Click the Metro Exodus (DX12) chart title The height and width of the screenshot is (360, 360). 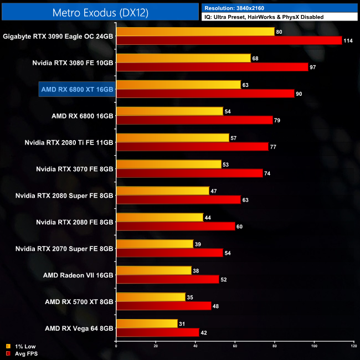pyautogui.click(x=100, y=12)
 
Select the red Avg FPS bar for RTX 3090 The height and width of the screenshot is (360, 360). pyautogui.click(x=229, y=40)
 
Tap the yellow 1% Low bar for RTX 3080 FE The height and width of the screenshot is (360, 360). pyautogui.click(x=183, y=58)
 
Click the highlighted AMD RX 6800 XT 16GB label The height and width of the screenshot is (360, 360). pyautogui.click(x=77, y=89)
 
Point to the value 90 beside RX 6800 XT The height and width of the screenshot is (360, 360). pyautogui.click(x=299, y=94)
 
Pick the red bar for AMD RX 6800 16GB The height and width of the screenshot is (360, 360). pyautogui.click(x=194, y=120)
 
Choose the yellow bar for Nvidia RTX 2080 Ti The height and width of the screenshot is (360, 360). pyautogui.click(x=172, y=138)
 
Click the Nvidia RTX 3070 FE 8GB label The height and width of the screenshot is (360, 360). pyautogui.click(x=74, y=169)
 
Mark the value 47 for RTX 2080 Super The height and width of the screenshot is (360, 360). pyautogui.click(x=214, y=191)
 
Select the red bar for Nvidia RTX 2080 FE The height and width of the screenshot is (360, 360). pyautogui.click(x=176, y=227)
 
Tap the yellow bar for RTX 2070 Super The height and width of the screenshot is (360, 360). pyautogui.click(x=155, y=244)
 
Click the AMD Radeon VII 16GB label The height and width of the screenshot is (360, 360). pyautogui.click(x=78, y=275)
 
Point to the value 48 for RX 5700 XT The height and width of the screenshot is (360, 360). pyautogui.click(x=216, y=306)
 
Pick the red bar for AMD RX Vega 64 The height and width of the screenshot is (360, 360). pyautogui.click(x=157, y=333)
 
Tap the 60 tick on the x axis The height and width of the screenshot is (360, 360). pyautogui.click(x=235, y=347)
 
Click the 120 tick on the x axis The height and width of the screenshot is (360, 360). pyautogui.click(x=353, y=347)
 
